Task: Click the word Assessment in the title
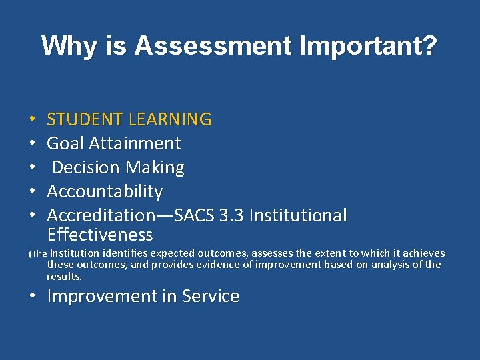(x=213, y=46)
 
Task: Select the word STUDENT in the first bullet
(x=85, y=120)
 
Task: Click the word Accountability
(x=105, y=192)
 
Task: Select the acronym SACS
(x=196, y=216)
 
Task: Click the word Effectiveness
(x=100, y=235)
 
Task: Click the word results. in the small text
(x=64, y=276)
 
